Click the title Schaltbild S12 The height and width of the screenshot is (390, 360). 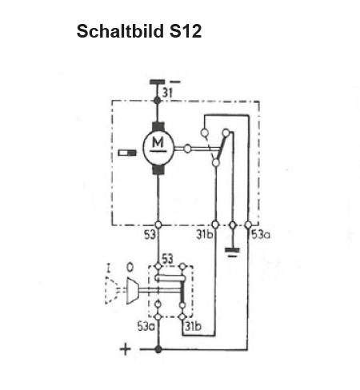[x=139, y=31]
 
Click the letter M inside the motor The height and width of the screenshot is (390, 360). [x=158, y=142]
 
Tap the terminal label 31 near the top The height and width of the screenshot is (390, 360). [x=167, y=93]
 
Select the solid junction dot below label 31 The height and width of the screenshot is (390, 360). [x=158, y=101]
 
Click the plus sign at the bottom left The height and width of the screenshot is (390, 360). [x=126, y=349]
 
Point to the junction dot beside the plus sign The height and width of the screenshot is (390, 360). [x=158, y=349]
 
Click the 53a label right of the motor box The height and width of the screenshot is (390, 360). [x=261, y=235]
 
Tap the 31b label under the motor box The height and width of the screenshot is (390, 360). [x=205, y=234]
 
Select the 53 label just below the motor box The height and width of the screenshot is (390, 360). [x=150, y=235]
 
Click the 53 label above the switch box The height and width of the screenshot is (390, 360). [x=168, y=259]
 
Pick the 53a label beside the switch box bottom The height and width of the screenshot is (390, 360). [x=146, y=326]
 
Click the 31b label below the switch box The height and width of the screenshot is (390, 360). [x=194, y=326]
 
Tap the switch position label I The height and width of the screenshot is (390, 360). [x=108, y=268]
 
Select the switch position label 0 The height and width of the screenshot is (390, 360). [x=130, y=267]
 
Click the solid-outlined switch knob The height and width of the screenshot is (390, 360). [x=132, y=291]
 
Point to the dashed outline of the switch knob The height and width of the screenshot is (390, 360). [x=111, y=290]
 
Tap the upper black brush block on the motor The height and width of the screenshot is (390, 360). [x=158, y=126]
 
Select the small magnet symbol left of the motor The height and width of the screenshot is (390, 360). [x=127, y=153]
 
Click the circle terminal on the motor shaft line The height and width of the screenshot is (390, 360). [x=187, y=149]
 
